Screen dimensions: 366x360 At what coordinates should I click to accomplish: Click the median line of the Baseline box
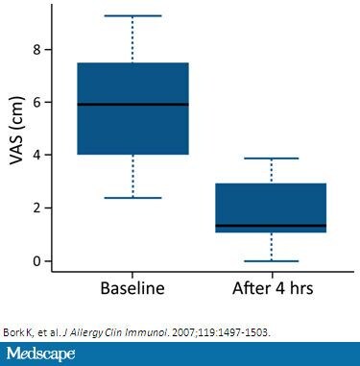click(x=132, y=104)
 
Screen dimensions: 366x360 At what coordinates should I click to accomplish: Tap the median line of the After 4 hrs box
click(x=271, y=226)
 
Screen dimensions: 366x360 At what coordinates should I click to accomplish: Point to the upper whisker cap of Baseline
click(x=132, y=15)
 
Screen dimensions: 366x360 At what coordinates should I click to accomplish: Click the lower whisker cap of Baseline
click(x=132, y=198)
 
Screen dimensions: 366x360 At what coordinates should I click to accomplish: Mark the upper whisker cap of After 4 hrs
click(x=271, y=159)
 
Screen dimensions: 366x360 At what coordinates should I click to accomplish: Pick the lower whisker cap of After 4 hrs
click(x=271, y=260)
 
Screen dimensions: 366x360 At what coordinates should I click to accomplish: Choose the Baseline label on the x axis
click(x=132, y=287)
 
